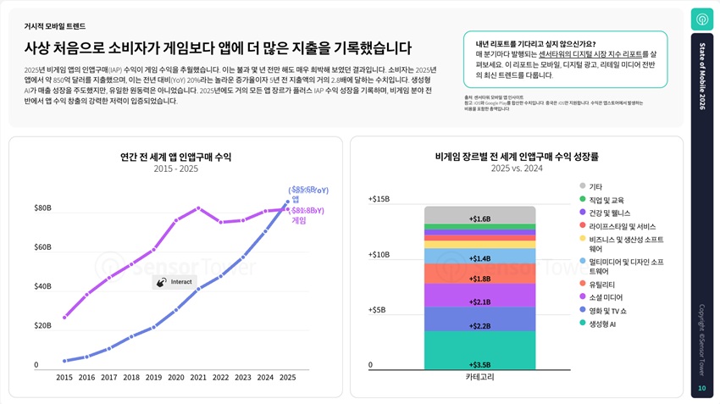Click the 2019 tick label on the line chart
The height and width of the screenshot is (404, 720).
[153, 377]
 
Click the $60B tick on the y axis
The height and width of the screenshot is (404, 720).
[42, 247]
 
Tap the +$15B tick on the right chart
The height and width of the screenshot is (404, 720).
[379, 199]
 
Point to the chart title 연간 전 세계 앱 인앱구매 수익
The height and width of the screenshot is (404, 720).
[175, 157]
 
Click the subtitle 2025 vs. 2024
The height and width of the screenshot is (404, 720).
[516, 169]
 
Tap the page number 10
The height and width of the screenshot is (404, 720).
[701, 389]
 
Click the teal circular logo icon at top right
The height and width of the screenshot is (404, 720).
[701, 19]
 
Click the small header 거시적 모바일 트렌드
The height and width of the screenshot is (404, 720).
[55, 26]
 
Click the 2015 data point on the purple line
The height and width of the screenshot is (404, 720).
[64, 318]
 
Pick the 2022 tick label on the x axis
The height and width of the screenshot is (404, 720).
[220, 377]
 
